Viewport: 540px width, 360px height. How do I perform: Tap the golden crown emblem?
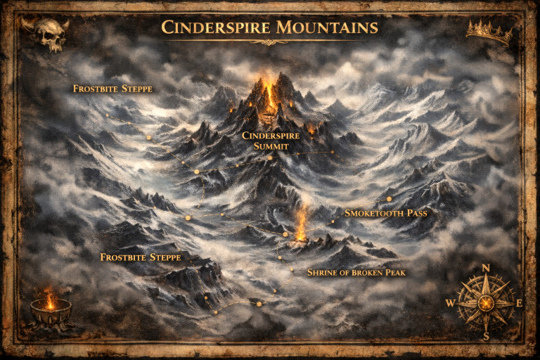point(488,32)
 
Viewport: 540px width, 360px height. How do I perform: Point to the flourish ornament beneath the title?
point(270,42)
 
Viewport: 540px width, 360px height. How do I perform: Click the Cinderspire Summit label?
point(270,140)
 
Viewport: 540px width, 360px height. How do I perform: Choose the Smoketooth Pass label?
point(385,212)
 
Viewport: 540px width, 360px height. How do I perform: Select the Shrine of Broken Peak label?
point(356,272)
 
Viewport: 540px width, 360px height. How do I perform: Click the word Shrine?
point(323,272)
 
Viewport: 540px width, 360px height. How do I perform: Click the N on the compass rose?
point(485,268)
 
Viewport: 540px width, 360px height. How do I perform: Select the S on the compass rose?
point(486,336)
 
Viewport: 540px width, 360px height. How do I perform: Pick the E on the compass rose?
point(519,303)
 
